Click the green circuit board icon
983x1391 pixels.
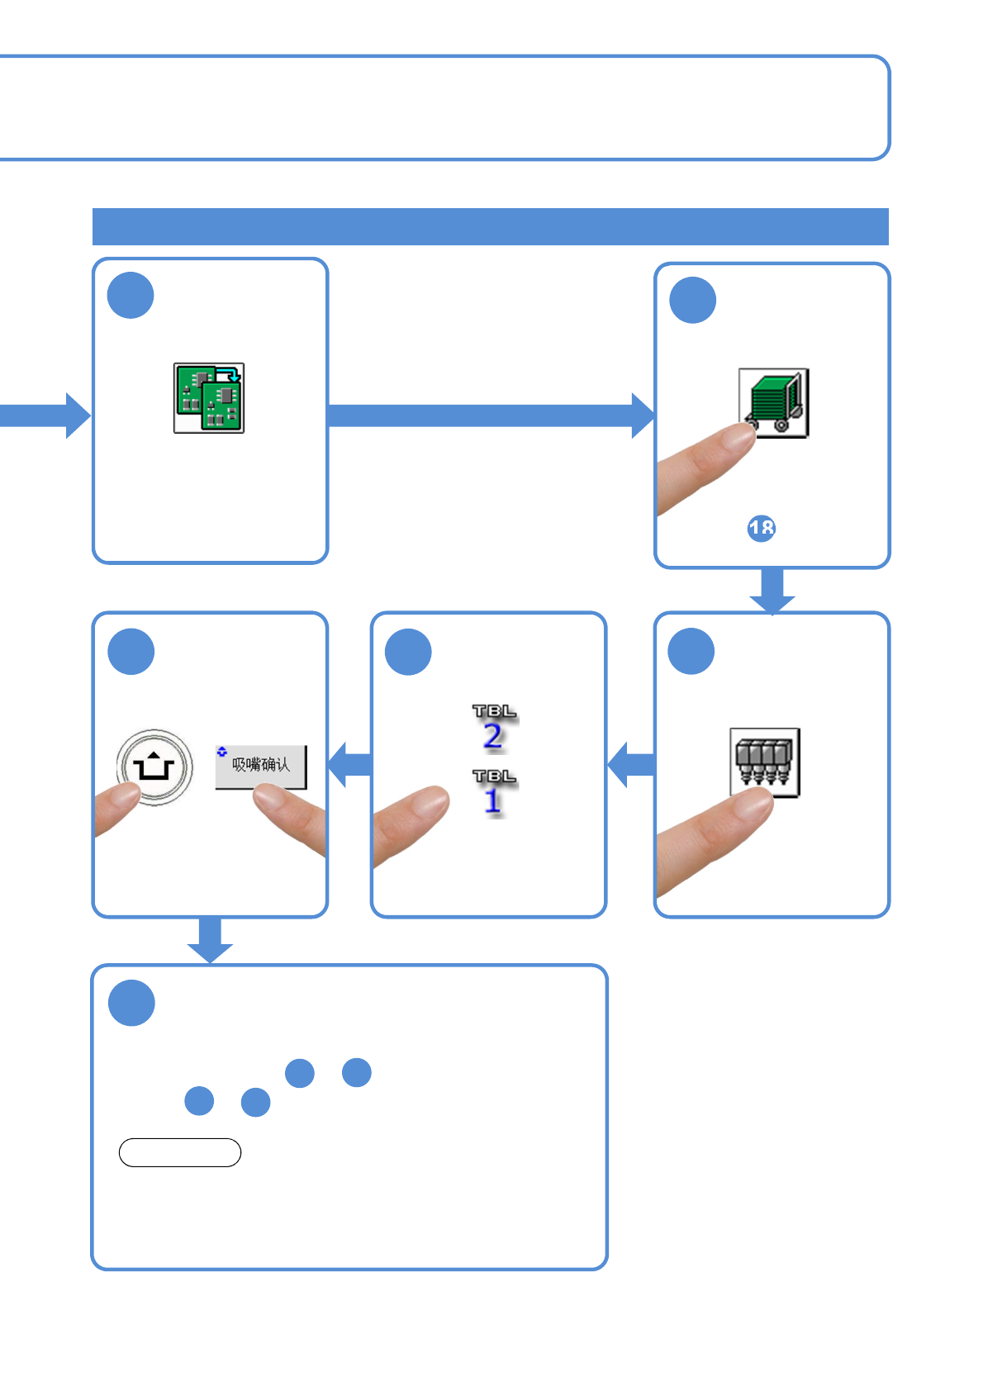coord(209,398)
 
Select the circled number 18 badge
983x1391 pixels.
coord(761,529)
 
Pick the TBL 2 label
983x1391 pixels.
coord(494,728)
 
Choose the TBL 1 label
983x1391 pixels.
coord(494,793)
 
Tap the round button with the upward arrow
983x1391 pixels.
coord(154,767)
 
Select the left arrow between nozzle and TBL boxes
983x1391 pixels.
coord(632,764)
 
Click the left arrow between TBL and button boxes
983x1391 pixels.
coord(350,764)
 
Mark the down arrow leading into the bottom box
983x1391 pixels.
coord(210,940)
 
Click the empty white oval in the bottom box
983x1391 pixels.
coord(180,1152)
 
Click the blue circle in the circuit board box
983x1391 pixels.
coord(131,296)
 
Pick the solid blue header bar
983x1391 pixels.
coord(490,226)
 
